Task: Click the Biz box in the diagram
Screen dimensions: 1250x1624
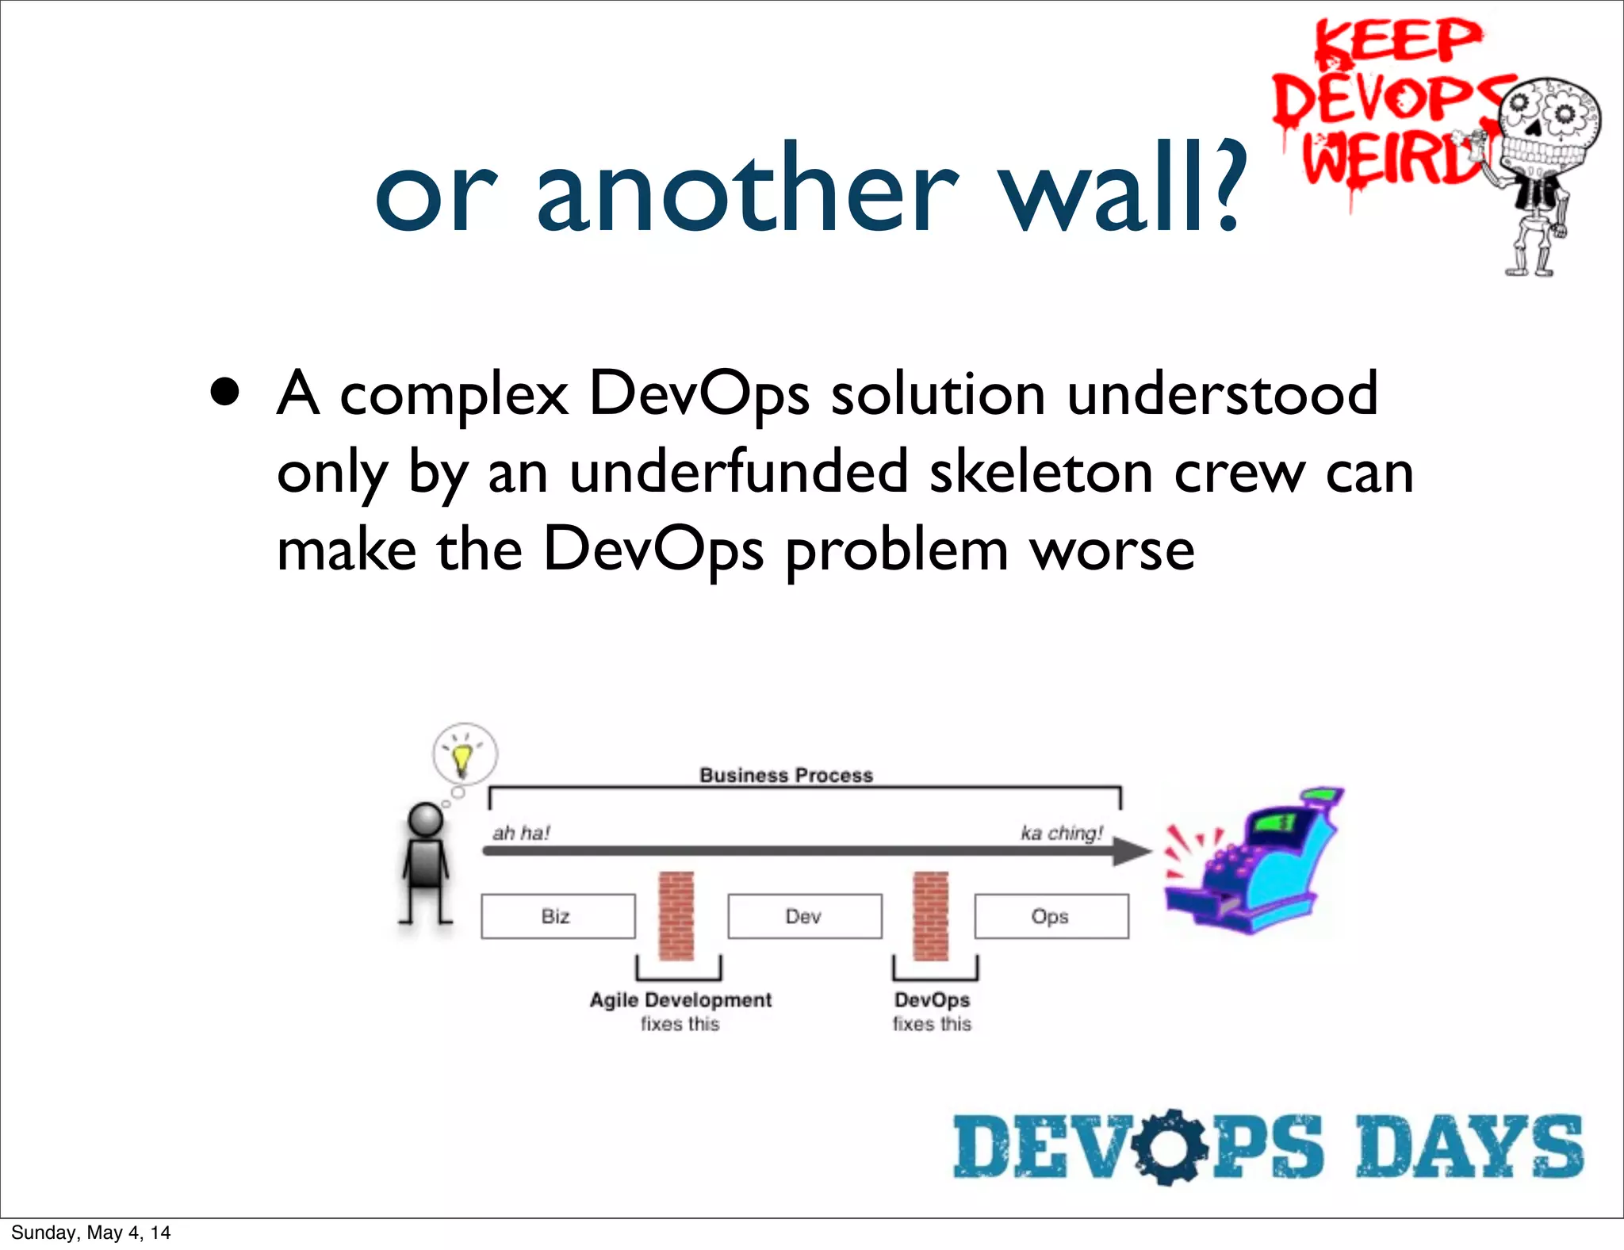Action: pyautogui.click(x=557, y=916)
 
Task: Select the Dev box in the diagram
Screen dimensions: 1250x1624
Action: pyautogui.click(x=804, y=916)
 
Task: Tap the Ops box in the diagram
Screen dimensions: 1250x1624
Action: pyautogui.click(x=1051, y=916)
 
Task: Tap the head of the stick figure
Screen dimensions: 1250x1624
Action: pyautogui.click(x=426, y=819)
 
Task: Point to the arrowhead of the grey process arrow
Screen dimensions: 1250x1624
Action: pyautogui.click(x=1132, y=851)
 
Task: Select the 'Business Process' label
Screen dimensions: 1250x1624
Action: pyautogui.click(x=786, y=775)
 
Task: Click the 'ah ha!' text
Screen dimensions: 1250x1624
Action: pyautogui.click(x=521, y=833)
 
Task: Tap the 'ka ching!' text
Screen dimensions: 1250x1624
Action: pyautogui.click(x=1062, y=833)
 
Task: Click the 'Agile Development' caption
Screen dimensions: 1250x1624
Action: pyautogui.click(x=680, y=999)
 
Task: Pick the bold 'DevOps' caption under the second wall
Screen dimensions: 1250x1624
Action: pyautogui.click(x=932, y=999)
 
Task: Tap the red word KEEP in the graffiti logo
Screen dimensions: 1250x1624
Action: pyautogui.click(x=1397, y=41)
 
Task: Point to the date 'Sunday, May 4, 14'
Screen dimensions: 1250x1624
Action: pyautogui.click(x=91, y=1233)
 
